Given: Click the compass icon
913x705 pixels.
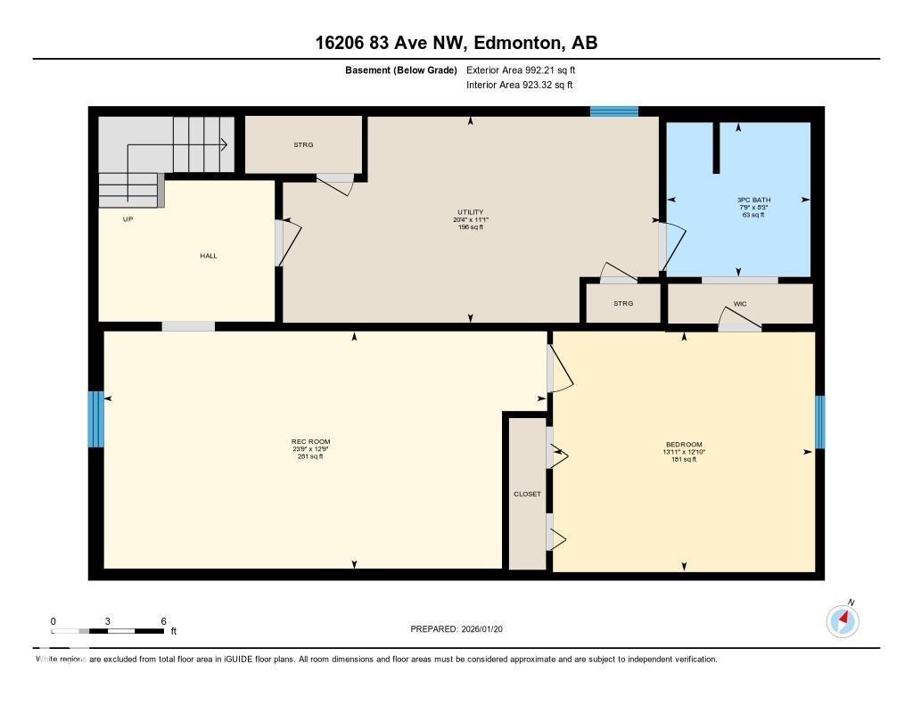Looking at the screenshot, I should coord(843,620).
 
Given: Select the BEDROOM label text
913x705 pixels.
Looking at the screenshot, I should coord(684,445).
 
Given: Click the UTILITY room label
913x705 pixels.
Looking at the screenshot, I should coord(470,212).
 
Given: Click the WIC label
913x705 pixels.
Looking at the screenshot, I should coord(739,304).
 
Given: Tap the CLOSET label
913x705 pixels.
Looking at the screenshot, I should coord(527,494).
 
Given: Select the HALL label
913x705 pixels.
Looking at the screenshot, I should coord(208,256).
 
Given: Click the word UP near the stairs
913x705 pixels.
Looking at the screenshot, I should coord(127,218).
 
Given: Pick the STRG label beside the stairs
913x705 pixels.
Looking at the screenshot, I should coord(303,144).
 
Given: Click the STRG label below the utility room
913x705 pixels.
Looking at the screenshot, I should coord(622,304).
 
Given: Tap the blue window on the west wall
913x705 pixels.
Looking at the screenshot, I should coord(95,419).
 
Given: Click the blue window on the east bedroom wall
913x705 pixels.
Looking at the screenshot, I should coord(819,422).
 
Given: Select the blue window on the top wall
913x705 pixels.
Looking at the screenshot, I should coord(613,111).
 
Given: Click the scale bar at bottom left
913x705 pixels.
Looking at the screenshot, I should coord(108,631).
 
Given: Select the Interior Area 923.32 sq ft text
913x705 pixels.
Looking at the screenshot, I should coord(519,86).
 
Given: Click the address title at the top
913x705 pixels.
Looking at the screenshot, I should coord(456,43).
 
